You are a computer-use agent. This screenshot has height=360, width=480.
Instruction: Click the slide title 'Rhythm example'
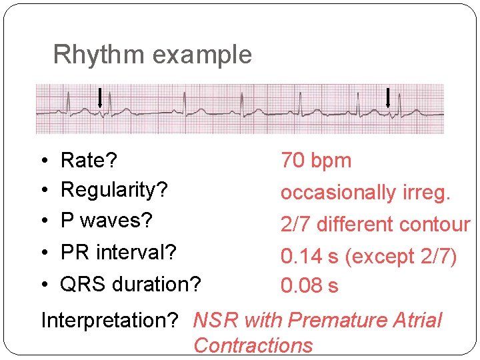[x=152, y=55]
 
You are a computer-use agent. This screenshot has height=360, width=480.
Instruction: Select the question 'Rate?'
[x=89, y=161]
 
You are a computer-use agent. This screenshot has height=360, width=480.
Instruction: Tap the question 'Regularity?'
[x=114, y=190]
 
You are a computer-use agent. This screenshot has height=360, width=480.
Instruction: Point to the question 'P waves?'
[x=107, y=220]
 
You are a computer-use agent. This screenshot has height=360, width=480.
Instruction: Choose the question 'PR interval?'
[x=118, y=253]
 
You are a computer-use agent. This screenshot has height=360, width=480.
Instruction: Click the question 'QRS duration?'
[x=130, y=284]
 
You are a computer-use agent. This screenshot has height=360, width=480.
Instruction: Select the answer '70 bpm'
[x=315, y=161]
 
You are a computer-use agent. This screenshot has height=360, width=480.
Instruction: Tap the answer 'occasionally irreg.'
[x=365, y=193]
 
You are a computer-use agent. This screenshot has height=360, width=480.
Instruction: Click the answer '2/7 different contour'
[x=375, y=225]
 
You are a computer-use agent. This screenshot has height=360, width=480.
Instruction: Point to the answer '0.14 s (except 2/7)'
[x=369, y=257]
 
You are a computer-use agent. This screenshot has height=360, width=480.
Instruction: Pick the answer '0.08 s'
[x=309, y=286]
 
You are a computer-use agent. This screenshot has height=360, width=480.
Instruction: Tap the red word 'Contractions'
[x=253, y=345]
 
